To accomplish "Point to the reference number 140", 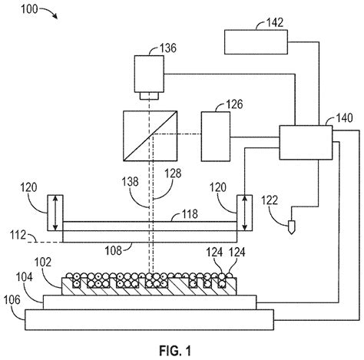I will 344,120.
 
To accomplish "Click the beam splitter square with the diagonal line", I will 147,136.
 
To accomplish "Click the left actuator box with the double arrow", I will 54,213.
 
